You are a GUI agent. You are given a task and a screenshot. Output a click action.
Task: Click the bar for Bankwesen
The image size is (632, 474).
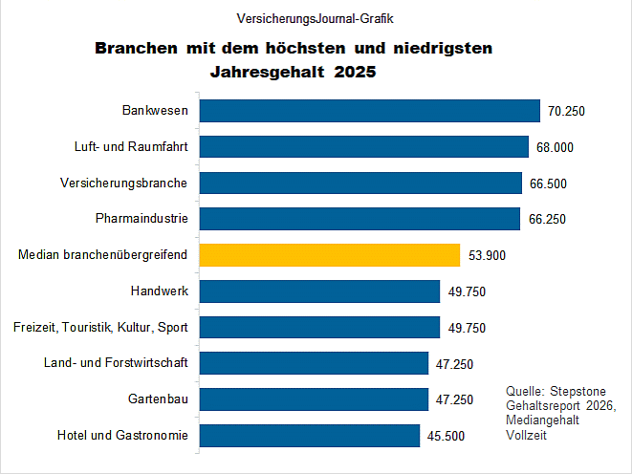[369, 111]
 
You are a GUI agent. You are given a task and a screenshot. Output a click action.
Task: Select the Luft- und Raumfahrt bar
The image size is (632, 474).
[363, 146]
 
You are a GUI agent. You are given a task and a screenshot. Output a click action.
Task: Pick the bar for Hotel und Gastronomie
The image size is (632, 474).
[309, 436]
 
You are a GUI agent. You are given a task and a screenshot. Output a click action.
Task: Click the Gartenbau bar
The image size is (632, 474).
[313, 399]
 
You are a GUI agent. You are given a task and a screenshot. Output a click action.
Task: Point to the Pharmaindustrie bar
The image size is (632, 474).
[359, 219]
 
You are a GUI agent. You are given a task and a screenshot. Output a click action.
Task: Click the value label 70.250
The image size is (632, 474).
[566, 111]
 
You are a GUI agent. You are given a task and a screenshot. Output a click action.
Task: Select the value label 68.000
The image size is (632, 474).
[555, 147]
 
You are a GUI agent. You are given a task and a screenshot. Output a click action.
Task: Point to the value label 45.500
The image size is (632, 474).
[447, 436]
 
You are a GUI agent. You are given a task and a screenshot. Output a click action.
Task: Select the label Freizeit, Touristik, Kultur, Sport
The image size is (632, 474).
[99, 328]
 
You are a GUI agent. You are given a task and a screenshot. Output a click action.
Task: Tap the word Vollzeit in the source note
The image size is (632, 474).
[527, 436]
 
